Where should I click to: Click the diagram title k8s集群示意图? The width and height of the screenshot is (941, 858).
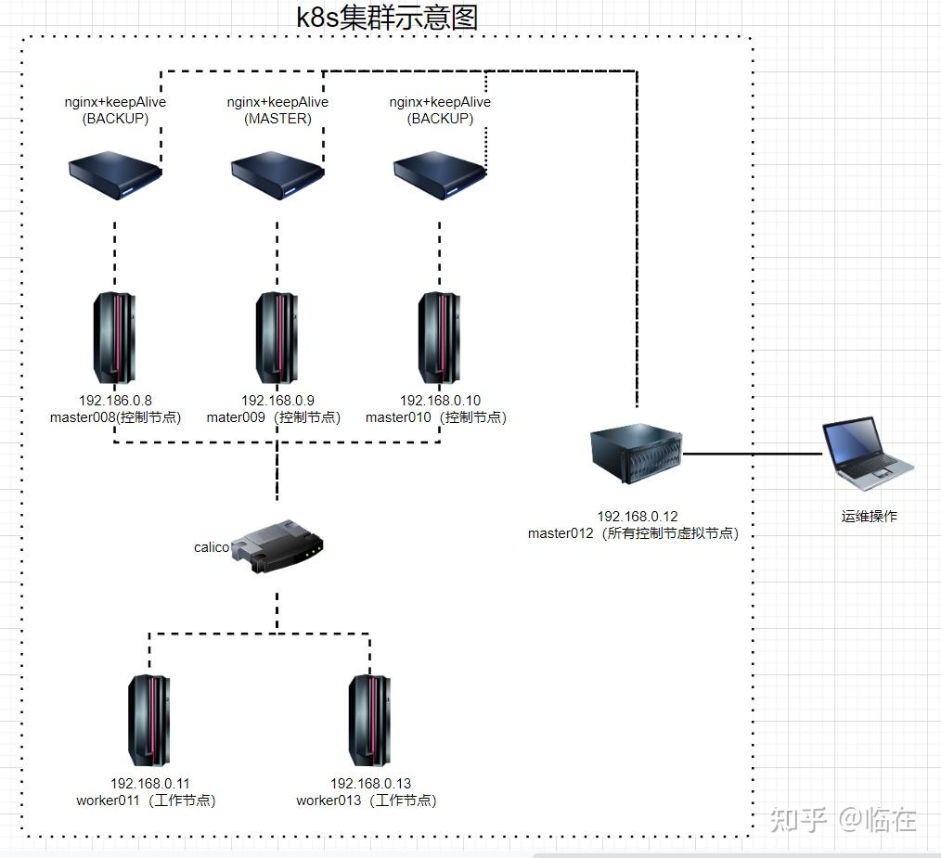tap(387, 17)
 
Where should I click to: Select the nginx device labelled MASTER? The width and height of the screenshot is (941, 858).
tap(277, 174)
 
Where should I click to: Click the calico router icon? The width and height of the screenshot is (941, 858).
tap(277, 546)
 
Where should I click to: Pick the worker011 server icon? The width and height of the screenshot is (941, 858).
tap(148, 715)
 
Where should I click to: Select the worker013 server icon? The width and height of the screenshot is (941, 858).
tap(368, 715)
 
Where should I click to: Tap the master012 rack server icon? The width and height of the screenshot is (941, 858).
tap(637, 454)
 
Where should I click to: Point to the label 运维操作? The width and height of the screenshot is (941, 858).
tap(870, 517)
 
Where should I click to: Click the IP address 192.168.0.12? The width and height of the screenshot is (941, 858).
tap(638, 517)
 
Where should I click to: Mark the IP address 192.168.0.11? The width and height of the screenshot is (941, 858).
tap(149, 784)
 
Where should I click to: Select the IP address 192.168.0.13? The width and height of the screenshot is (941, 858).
tap(370, 784)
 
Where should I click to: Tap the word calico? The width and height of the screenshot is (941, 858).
tap(211, 547)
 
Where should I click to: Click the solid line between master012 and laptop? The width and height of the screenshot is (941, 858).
tap(753, 455)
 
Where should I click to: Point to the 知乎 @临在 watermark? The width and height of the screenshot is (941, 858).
tap(843, 820)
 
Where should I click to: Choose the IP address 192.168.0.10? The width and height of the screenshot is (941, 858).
tap(440, 401)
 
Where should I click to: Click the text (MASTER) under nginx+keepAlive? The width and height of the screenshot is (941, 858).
tap(277, 119)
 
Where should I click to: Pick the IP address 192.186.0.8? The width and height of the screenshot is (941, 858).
tap(115, 401)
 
